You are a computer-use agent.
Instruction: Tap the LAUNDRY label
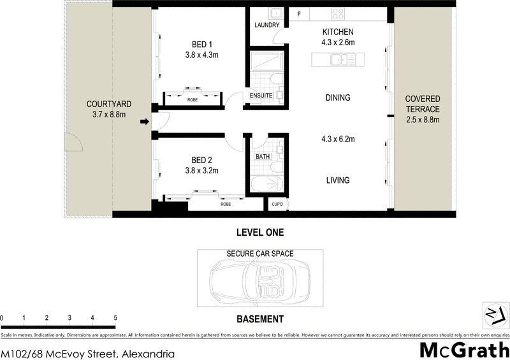click(x=266, y=25)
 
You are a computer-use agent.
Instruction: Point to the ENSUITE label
click(x=261, y=96)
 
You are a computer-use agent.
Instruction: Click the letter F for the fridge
click(x=299, y=14)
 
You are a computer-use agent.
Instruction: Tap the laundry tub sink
click(x=275, y=13)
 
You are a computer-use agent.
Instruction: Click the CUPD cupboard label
click(x=277, y=204)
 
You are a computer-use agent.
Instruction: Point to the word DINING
click(x=337, y=97)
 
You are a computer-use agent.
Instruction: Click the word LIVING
click(x=337, y=180)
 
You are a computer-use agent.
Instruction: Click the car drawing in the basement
click(x=259, y=280)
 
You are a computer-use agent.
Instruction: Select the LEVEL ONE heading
click(x=259, y=233)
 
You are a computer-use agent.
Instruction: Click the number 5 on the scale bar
click(x=115, y=317)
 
